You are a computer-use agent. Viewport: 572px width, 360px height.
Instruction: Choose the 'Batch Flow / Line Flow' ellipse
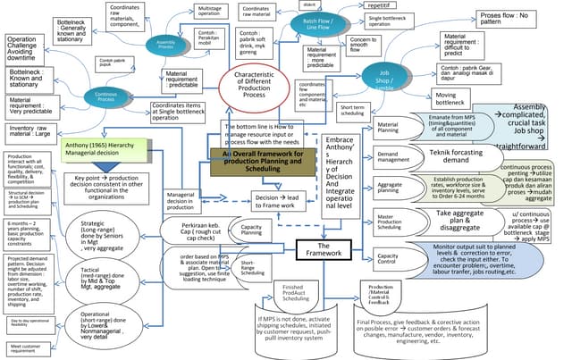pos(319,25)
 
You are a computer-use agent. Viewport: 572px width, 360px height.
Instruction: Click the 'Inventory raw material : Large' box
pos(33,131)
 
